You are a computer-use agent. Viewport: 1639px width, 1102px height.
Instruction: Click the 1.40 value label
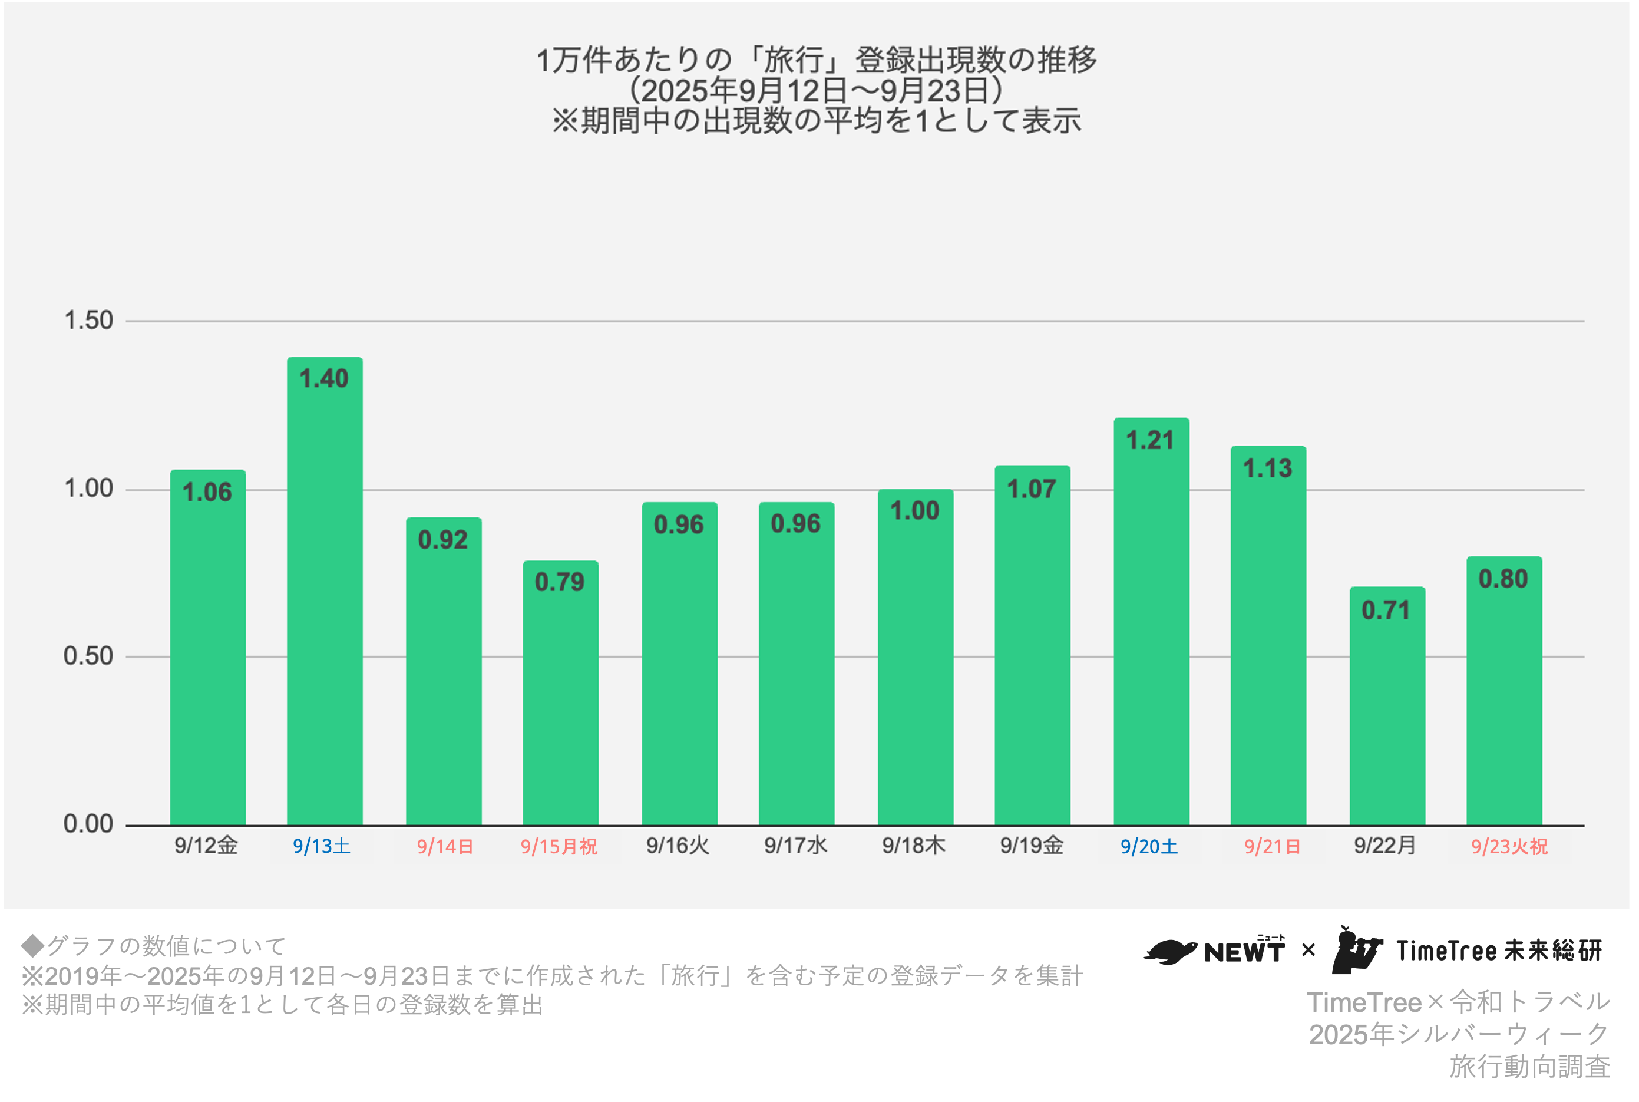[324, 379]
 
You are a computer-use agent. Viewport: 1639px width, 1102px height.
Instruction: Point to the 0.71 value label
[1386, 610]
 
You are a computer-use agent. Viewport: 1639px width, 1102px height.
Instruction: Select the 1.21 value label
[1150, 441]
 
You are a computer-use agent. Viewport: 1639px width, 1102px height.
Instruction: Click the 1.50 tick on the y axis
[88, 321]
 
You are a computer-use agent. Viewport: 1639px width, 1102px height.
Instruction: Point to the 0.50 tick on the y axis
[88, 656]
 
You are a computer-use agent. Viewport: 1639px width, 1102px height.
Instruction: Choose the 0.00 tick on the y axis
[88, 824]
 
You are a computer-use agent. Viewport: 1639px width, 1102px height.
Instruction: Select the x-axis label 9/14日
[445, 846]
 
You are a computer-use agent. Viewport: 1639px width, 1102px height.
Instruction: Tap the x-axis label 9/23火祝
[1509, 846]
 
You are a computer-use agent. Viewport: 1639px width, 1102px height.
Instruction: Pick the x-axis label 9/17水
[795, 846]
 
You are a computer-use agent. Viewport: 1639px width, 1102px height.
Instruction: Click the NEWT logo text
[1244, 952]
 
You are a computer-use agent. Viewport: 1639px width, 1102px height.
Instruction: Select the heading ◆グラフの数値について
[153, 946]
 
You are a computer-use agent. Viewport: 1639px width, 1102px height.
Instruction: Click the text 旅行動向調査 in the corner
[1529, 1067]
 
